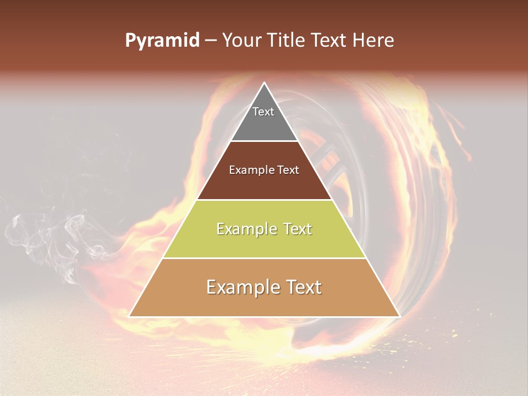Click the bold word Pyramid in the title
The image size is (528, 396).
click(162, 41)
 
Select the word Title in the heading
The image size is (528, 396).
click(286, 41)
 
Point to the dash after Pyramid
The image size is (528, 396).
click(211, 41)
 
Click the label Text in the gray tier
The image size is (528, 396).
click(263, 112)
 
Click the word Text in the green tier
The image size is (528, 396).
click(295, 229)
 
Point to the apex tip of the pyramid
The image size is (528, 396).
click(265, 84)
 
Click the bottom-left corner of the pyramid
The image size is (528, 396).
click(130, 316)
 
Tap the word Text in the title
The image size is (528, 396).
click(329, 41)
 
